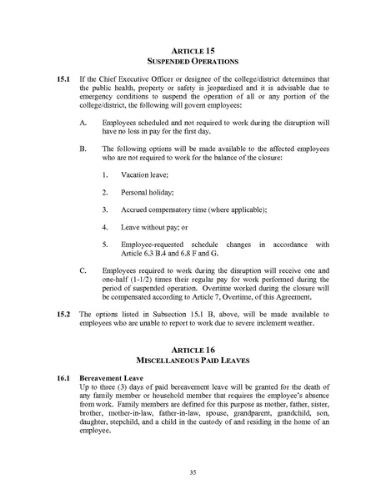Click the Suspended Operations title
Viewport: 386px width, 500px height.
pos(193,62)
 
